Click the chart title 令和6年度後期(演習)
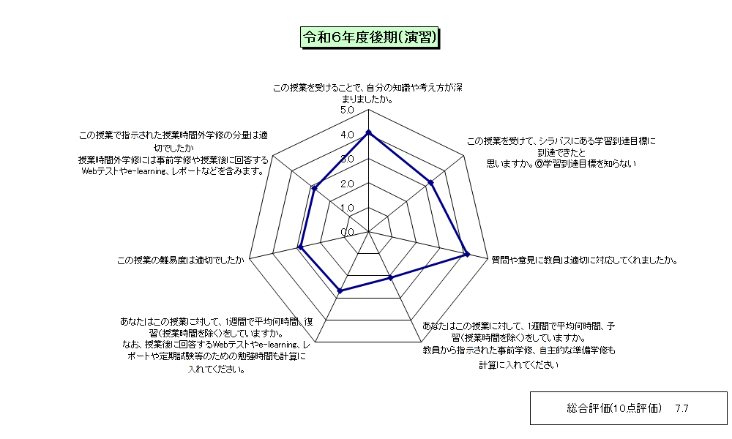pyautogui.click(x=369, y=37)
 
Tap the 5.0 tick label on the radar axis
pyautogui.click(x=347, y=110)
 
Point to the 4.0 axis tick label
pyautogui.click(x=347, y=135)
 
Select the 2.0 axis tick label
pyautogui.click(x=347, y=184)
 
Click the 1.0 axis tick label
pyautogui.click(x=347, y=208)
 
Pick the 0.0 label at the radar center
pyautogui.click(x=347, y=233)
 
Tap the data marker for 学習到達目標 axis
pyautogui.click(x=431, y=182)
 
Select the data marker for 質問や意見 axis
pyautogui.click(x=467, y=255)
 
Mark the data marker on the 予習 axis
pyautogui.click(x=391, y=278)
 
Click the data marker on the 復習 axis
pyautogui.click(x=340, y=291)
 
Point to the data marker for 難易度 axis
pyautogui.click(x=301, y=247)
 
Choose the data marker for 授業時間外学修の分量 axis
pyautogui.click(x=314, y=189)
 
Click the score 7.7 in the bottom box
pyautogui.click(x=681, y=409)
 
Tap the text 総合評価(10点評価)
pyautogui.click(x=614, y=409)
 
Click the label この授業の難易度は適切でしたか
pyautogui.click(x=181, y=260)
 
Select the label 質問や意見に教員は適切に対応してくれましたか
pyautogui.click(x=584, y=260)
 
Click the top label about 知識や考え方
pyautogui.click(x=368, y=94)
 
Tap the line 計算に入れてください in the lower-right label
pyautogui.click(x=519, y=365)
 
